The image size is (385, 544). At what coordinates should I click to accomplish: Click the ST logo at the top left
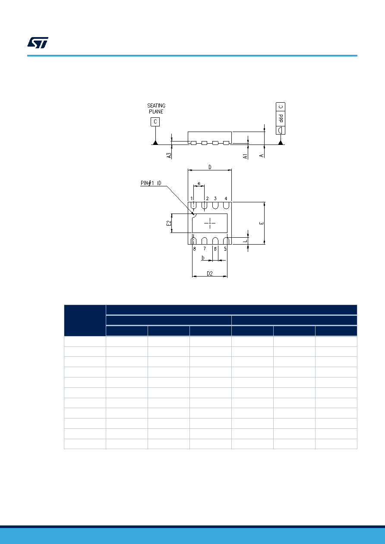coord(38,43)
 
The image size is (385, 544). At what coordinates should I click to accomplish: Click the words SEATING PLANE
coord(156,109)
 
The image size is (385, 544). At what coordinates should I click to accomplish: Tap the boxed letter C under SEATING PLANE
coord(155,122)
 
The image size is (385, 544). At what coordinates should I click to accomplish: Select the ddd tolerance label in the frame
coord(281,119)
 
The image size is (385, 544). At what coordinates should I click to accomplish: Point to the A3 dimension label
coord(169,155)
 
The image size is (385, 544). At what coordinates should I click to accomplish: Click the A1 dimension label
coord(245,156)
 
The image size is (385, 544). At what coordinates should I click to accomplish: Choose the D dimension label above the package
coord(210,167)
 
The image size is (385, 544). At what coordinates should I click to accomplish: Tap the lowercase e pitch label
coord(199,183)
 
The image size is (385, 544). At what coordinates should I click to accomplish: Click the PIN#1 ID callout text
coord(151,183)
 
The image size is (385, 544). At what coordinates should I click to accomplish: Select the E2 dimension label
coord(169,223)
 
